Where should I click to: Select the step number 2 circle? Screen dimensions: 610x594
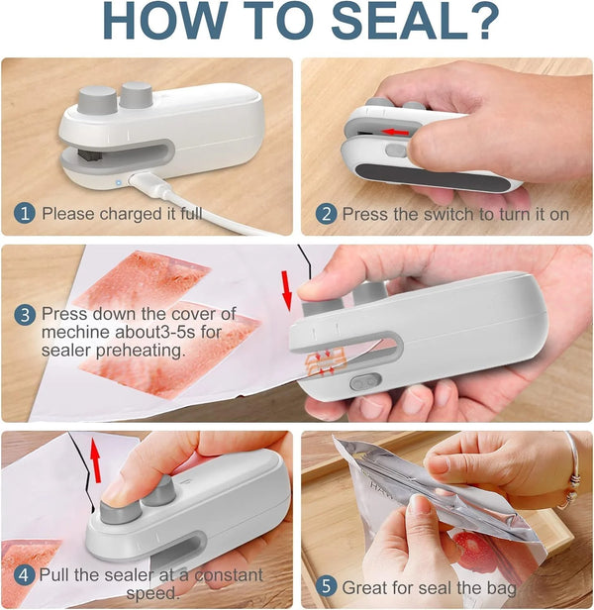point(326,213)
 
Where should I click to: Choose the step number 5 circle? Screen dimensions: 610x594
point(326,588)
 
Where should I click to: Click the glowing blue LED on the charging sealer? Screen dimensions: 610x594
point(119,181)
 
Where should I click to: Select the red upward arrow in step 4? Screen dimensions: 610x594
point(96,459)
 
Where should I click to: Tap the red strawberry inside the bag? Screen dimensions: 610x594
point(466,545)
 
